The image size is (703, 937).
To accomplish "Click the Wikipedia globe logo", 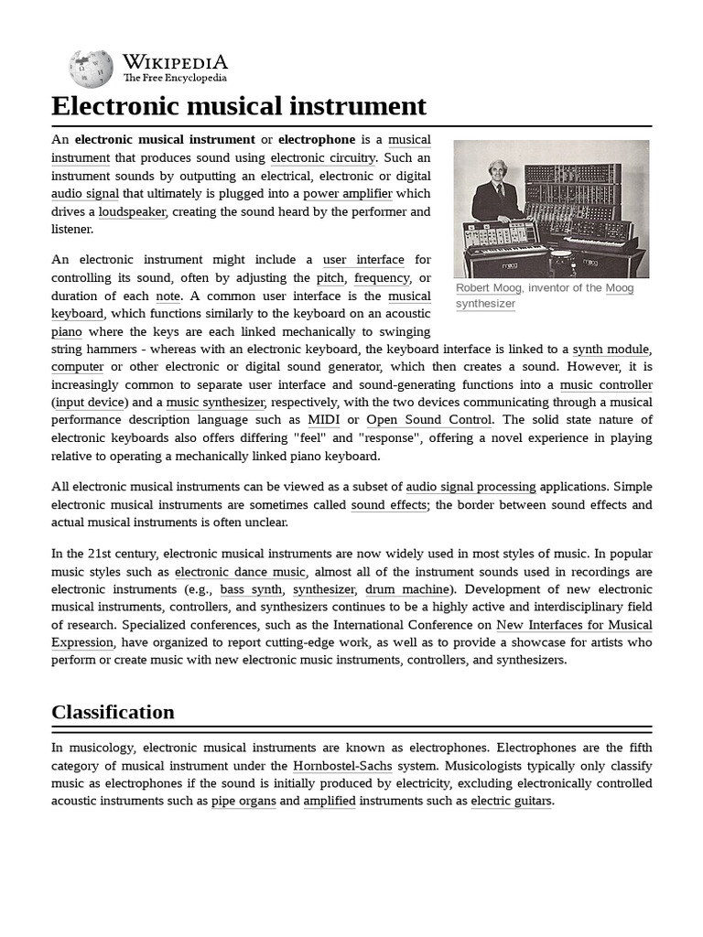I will click(x=91, y=69).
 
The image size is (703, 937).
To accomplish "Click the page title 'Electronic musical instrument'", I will click(x=239, y=106).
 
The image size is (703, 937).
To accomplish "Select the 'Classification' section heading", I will click(x=113, y=712).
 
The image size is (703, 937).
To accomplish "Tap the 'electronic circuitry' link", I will click(x=323, y=157).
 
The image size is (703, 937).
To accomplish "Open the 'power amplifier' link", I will click(x=348, y=193).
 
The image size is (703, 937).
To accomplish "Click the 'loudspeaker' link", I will click(x=133, y=211).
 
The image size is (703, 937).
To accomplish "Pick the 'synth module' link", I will click(x=611, y=349).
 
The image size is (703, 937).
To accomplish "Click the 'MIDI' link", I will click(x=324, y=420).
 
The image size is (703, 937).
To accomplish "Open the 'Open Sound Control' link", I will click(x=429, y=420).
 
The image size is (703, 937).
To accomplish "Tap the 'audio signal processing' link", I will click(x=470, y=487).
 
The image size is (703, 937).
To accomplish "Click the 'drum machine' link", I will click(x=407, y=589).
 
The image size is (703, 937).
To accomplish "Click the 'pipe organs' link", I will click(x=243, y=801).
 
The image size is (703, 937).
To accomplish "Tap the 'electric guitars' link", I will click(x=512, y=801).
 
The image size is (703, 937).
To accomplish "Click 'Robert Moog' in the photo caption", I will click(x=489, y=288).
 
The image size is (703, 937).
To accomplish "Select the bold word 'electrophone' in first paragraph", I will click(x=316, y=139).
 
